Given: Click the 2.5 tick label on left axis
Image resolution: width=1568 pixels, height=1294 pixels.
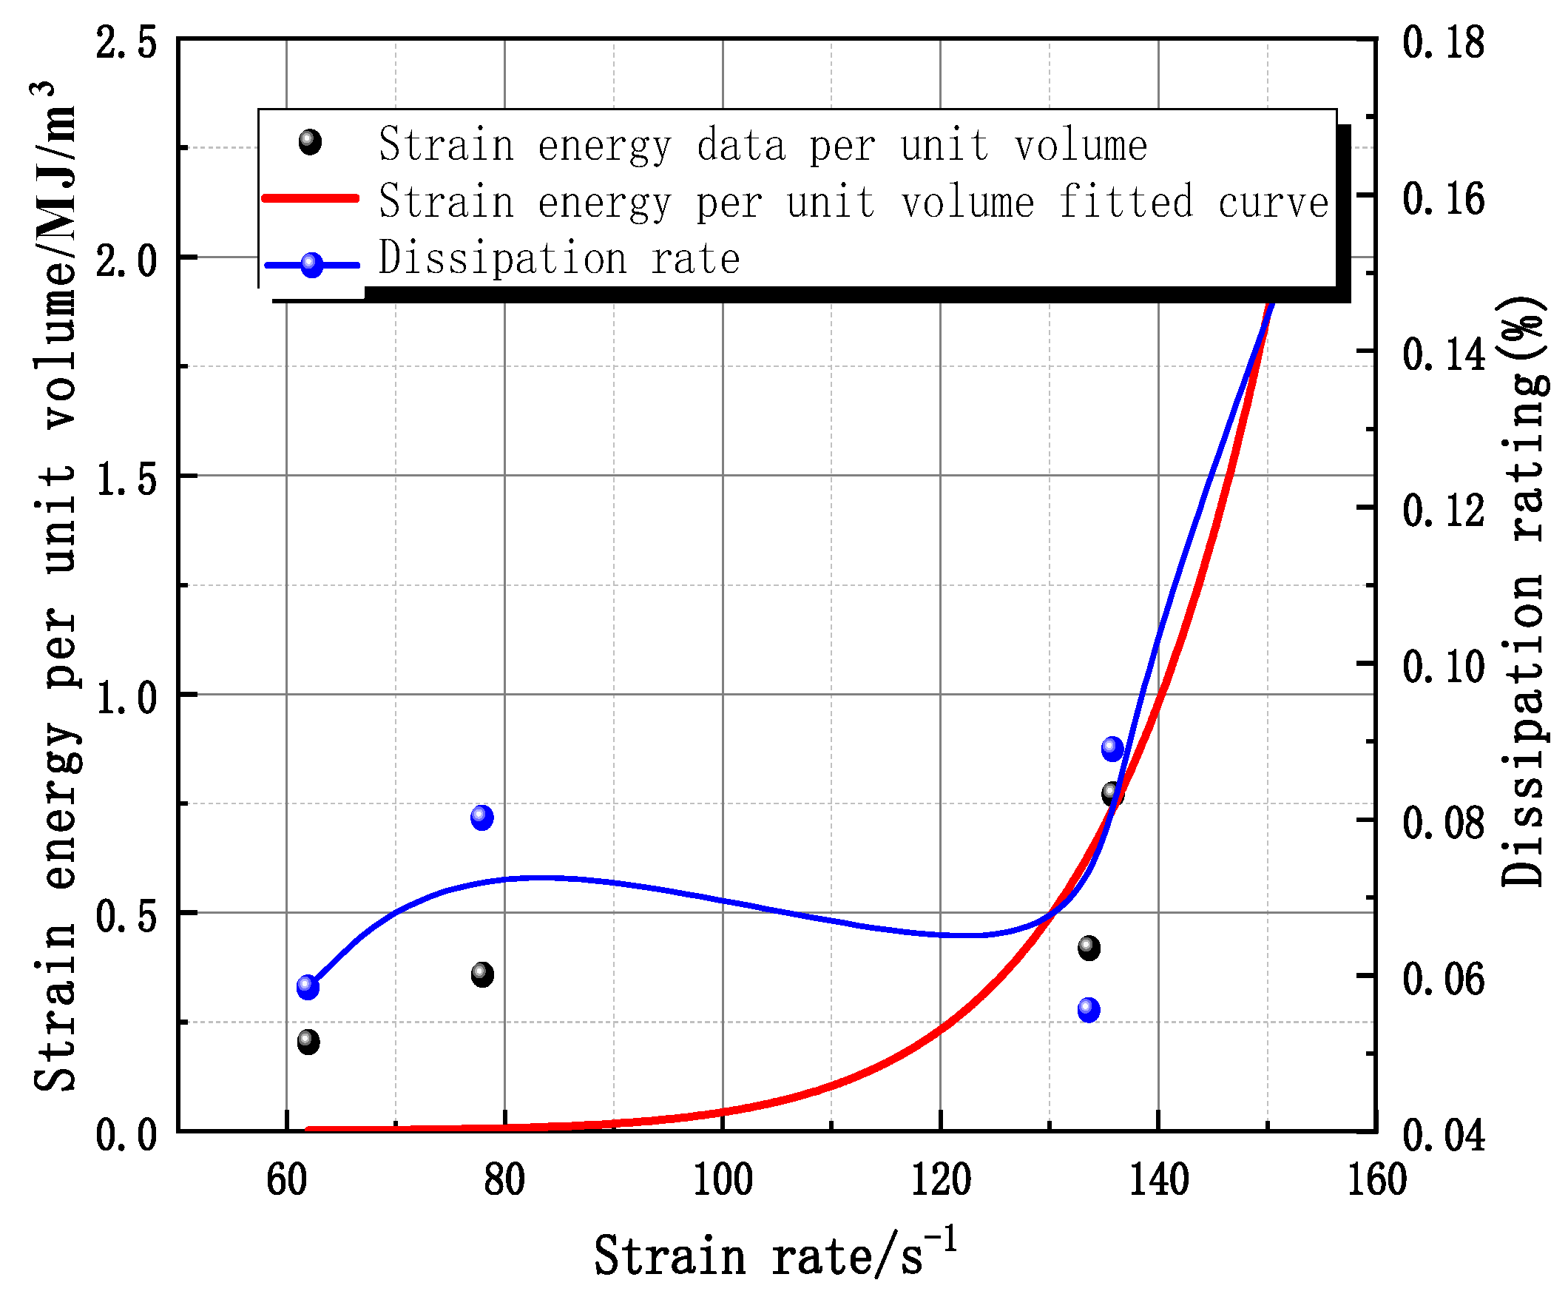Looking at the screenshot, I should pyautogui.click(x=125, y=43).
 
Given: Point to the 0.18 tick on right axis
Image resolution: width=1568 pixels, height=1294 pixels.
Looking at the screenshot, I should pyautogui.click(x=1442, y=42).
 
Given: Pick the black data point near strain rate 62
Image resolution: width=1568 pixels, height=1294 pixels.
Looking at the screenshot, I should pyautogui.click(x=308, y=1041).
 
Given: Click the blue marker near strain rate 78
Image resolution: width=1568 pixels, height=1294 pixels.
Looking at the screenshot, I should pyautogui.click(x=482, y=818).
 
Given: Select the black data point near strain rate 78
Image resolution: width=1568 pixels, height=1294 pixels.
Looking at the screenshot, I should pyautogui.click(x=482, y=974).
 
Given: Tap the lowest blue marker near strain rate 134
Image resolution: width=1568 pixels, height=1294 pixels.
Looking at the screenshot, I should pyautogui.click(x=1089, y=1010).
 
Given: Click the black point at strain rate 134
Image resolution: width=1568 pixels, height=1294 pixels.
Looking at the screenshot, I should pyautogui.click(x=1089, y=948).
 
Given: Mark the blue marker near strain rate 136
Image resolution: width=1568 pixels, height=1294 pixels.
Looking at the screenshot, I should pyautogui.click(x=1112, y=749).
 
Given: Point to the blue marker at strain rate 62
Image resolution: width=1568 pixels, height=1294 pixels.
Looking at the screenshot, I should pyautogui.click(x=308, y=987).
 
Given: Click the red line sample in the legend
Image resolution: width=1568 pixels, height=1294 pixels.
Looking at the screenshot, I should pyautogui.click(x=311, y=199).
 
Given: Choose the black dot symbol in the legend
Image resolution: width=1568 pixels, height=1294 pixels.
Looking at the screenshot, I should pyautogui.click(x=310, y=141).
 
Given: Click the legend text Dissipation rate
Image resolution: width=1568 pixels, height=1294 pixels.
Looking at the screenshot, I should pyautogui.click(x=559, y=259).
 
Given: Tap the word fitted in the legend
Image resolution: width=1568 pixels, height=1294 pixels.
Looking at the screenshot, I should pyautogui.click(x=1125, y=202).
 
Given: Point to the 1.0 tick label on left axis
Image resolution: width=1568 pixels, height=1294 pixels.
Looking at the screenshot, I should pyautogui.click(x=125, y=698).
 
